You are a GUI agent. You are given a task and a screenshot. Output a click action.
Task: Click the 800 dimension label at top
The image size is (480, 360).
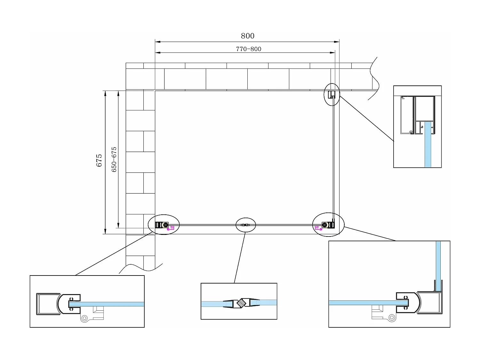[247, 36]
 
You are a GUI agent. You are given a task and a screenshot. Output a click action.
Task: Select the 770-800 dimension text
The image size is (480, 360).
[249, 49]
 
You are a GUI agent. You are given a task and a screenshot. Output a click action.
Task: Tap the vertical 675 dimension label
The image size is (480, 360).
[99, 160]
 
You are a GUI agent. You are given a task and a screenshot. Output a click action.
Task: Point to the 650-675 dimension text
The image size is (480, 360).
[114, 160]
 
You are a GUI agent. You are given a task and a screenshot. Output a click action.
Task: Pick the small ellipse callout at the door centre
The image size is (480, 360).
[246, 225]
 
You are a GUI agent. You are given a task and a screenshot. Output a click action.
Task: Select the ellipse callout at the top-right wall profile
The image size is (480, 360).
[332, 94]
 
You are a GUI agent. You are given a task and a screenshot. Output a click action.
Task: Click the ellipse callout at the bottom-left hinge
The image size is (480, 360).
[164, 225]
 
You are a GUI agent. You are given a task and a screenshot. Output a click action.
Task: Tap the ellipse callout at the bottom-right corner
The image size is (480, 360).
[328, 225]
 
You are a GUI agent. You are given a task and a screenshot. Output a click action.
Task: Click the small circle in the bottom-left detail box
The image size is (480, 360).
[84, 318]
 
